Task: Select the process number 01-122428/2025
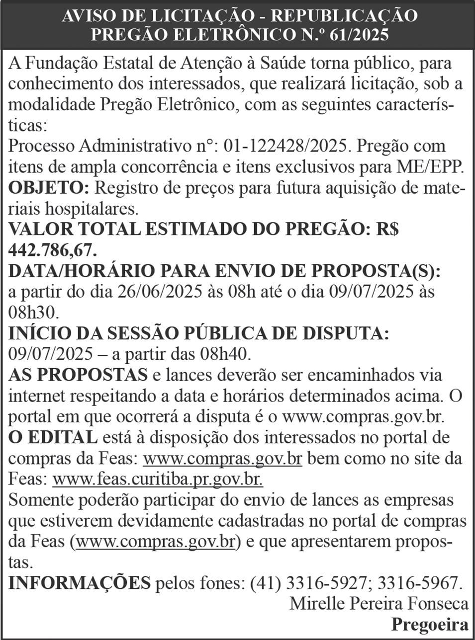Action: tap(285, 147)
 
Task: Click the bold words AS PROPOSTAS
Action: tap(78, 375)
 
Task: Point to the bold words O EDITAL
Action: tap(53, 438)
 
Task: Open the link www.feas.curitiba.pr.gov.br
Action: tap(158, 480)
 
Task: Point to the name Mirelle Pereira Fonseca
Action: tap(379, 604)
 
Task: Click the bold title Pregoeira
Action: tap(430, 625)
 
